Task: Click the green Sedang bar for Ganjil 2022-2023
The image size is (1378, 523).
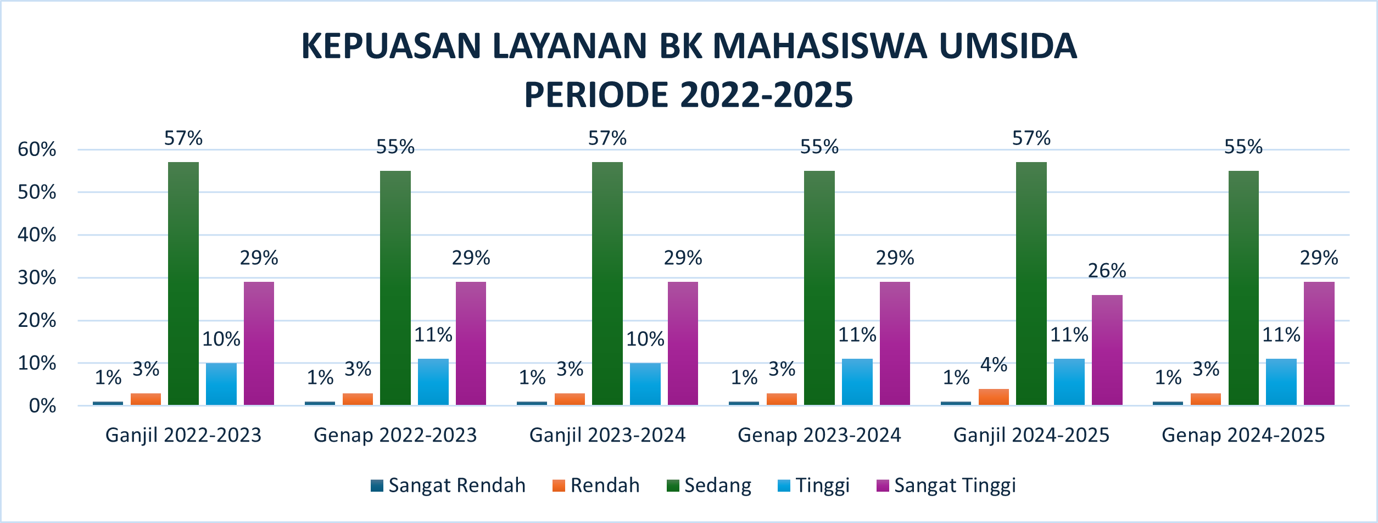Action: (183, 283)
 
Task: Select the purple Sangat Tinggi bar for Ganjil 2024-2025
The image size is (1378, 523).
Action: (1107, 350)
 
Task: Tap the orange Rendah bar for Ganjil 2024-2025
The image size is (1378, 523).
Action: (994, 397)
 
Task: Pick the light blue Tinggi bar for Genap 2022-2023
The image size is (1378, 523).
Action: (433, 382)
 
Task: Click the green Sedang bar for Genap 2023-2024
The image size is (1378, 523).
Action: (819, 288)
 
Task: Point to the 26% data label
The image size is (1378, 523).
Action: (1107, 271)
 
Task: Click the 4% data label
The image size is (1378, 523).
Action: (994, 365)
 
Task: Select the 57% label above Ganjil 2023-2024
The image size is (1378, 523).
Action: (607, 138)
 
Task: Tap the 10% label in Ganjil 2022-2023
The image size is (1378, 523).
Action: (221, 340)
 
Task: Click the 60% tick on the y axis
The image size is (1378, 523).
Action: (37, 149)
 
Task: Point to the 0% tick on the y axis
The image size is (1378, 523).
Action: (42, 406)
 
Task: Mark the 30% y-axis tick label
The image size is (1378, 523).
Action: (37, 277)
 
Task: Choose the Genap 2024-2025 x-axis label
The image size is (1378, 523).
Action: (1243, 435)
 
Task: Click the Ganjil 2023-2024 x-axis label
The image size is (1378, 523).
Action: (607, 435)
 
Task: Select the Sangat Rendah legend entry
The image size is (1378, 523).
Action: (448, 486)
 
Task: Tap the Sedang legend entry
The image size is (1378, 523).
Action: (709, 486)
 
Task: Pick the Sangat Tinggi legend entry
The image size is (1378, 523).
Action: (946, 486)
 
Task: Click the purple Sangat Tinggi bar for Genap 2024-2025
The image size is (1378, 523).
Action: (1319, 343)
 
